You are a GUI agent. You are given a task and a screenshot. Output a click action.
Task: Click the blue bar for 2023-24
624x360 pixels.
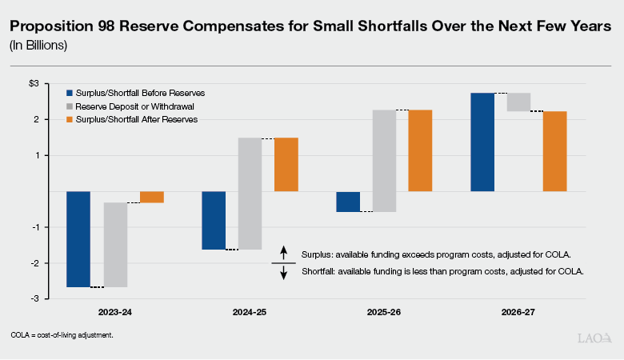tap(78, 238)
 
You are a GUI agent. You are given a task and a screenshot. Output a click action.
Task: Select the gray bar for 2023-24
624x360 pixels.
tap(115, 244)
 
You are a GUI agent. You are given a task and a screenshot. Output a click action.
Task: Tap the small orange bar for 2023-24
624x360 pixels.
tap(152, 197)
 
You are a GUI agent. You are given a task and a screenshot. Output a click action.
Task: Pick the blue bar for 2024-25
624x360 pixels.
tap(214, 220)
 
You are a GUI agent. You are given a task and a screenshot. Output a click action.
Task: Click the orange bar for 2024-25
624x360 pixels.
tap(286, 164)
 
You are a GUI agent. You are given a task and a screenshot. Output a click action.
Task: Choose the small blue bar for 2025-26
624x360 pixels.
tap(348, 201)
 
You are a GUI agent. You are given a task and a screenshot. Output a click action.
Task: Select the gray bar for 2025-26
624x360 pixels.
tap(385, 160)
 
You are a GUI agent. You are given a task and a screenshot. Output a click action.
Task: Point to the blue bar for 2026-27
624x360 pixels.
tap(482, 142)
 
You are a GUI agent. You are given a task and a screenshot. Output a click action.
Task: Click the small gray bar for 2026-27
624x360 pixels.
tap(518, 102)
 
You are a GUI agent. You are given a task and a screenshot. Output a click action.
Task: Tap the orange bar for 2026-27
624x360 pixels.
tap(555, 150)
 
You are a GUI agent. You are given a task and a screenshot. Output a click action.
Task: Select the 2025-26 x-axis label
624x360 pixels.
tap(384, 310)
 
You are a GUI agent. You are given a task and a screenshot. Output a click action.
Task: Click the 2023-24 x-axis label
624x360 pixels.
tap(115, 310)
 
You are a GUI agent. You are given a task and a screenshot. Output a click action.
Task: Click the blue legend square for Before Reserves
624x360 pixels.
tap(70, 92)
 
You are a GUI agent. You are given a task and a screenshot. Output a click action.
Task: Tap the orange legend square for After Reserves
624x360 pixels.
tap(70, 119)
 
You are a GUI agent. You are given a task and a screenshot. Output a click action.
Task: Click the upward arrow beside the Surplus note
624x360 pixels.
tap(284, 253)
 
